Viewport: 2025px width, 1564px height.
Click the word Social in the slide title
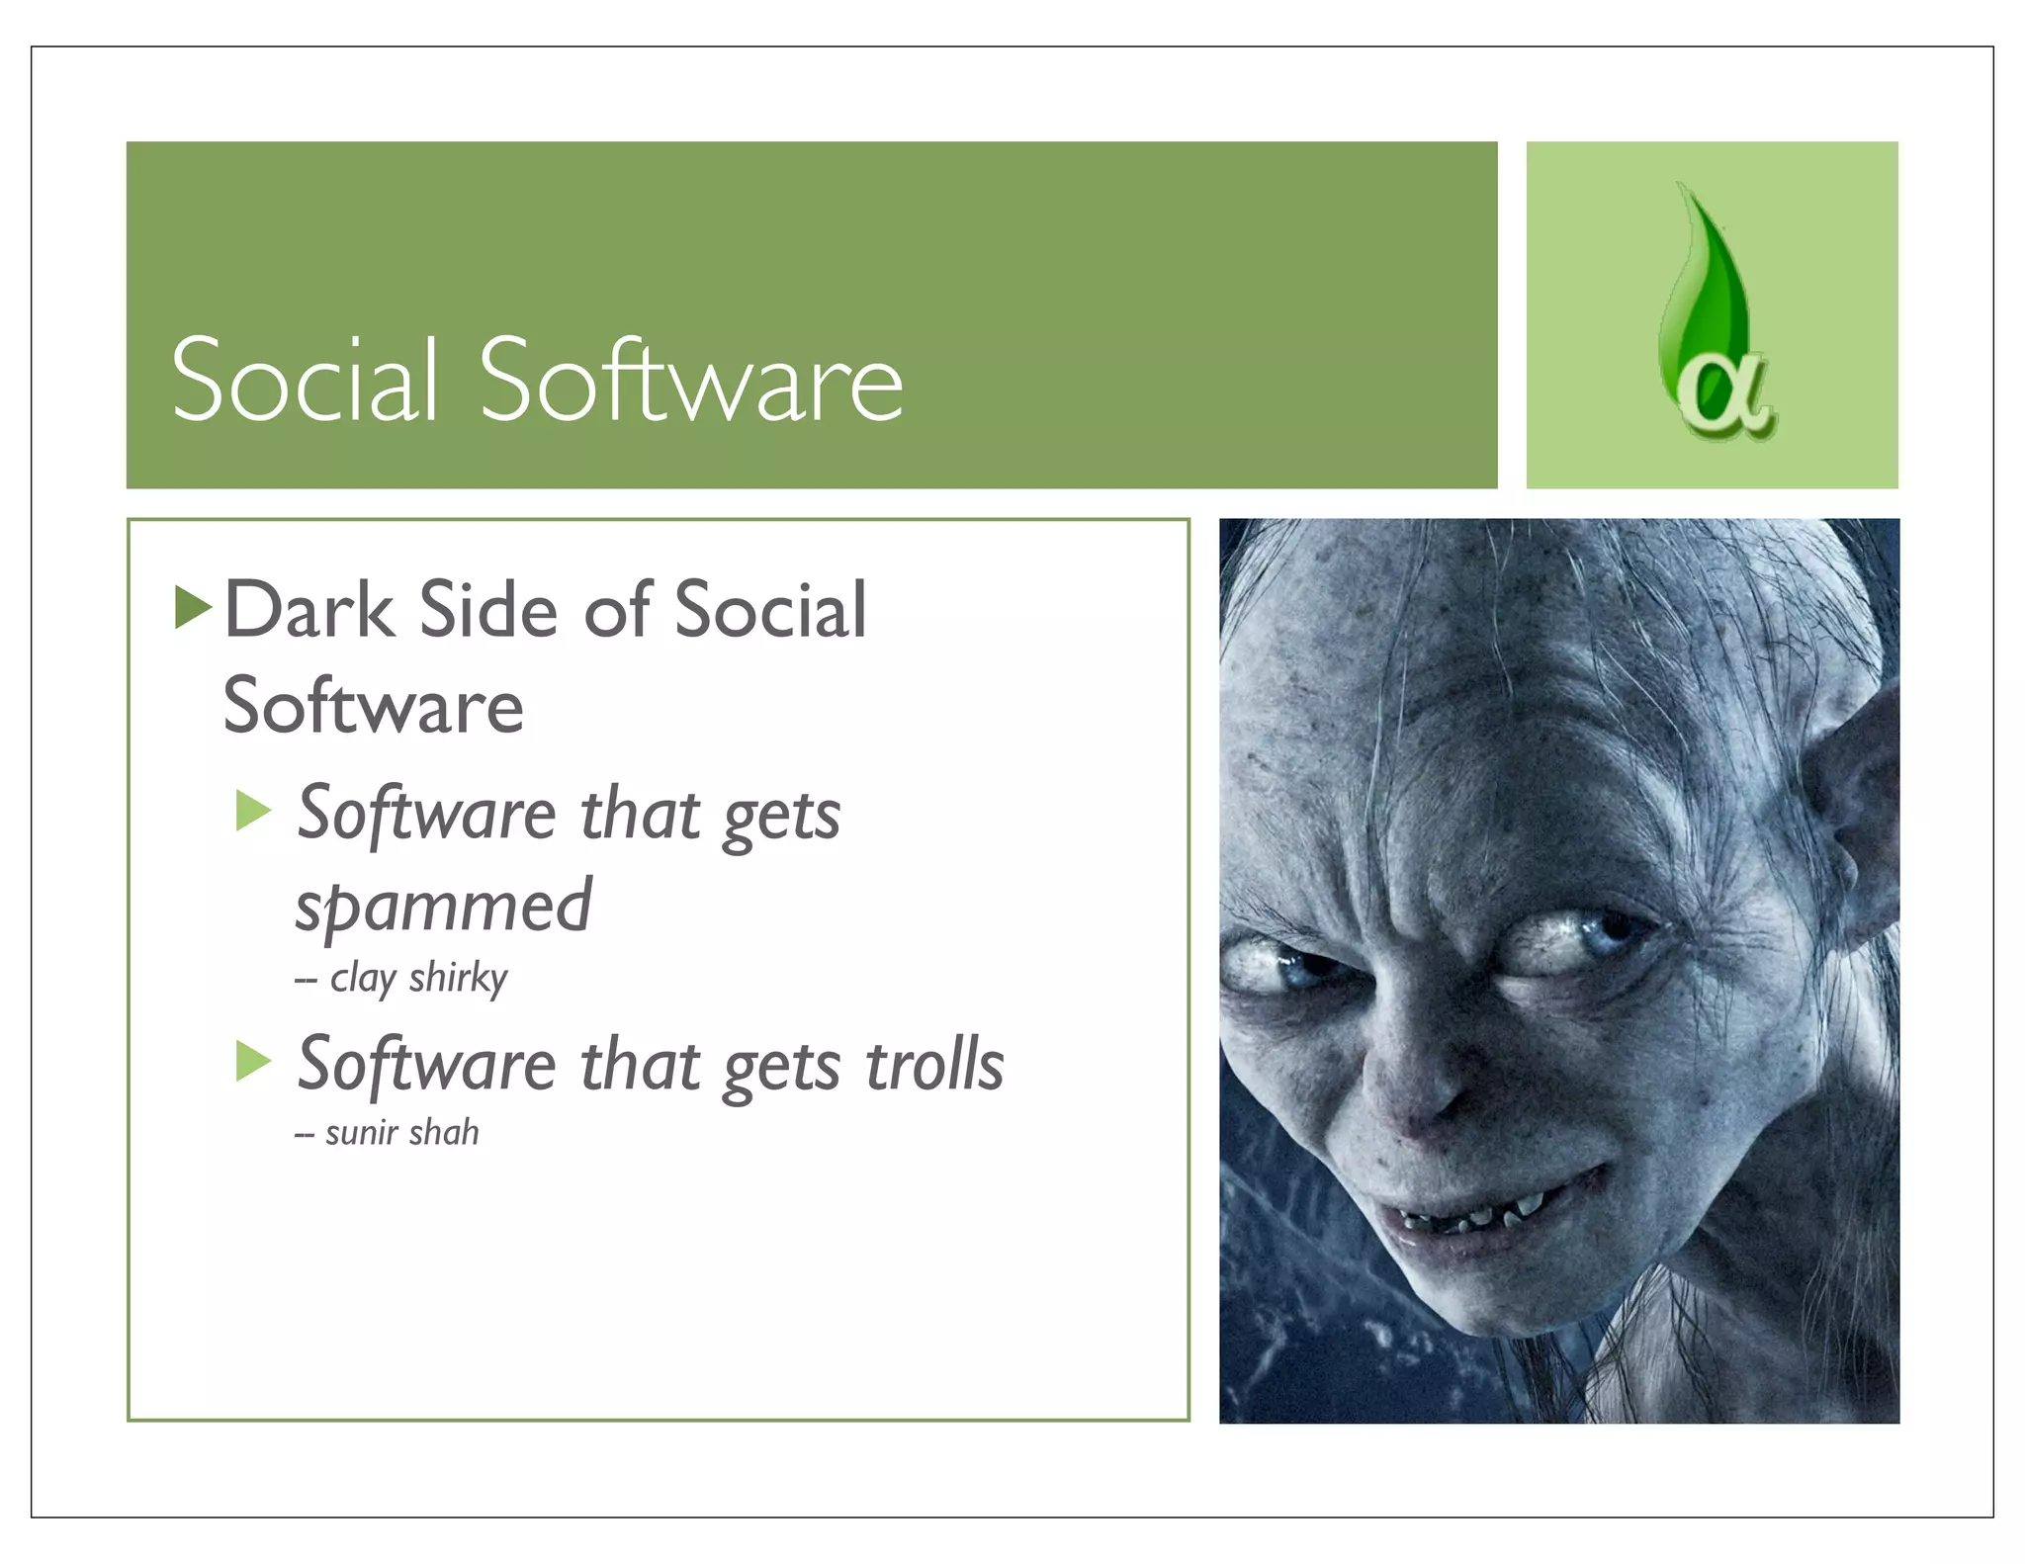304,381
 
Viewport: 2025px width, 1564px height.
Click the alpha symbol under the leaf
1725,394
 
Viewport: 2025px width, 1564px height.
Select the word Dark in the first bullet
309,610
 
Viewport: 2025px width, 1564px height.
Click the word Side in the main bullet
488,610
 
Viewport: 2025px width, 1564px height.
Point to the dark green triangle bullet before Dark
192,607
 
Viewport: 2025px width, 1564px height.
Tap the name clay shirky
417,978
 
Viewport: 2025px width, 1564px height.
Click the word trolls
934,1066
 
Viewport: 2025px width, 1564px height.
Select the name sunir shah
401,1132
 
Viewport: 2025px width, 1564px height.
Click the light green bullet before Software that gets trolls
253,1062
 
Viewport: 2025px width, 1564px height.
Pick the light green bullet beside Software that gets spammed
253,811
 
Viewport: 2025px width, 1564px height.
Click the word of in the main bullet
617,610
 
